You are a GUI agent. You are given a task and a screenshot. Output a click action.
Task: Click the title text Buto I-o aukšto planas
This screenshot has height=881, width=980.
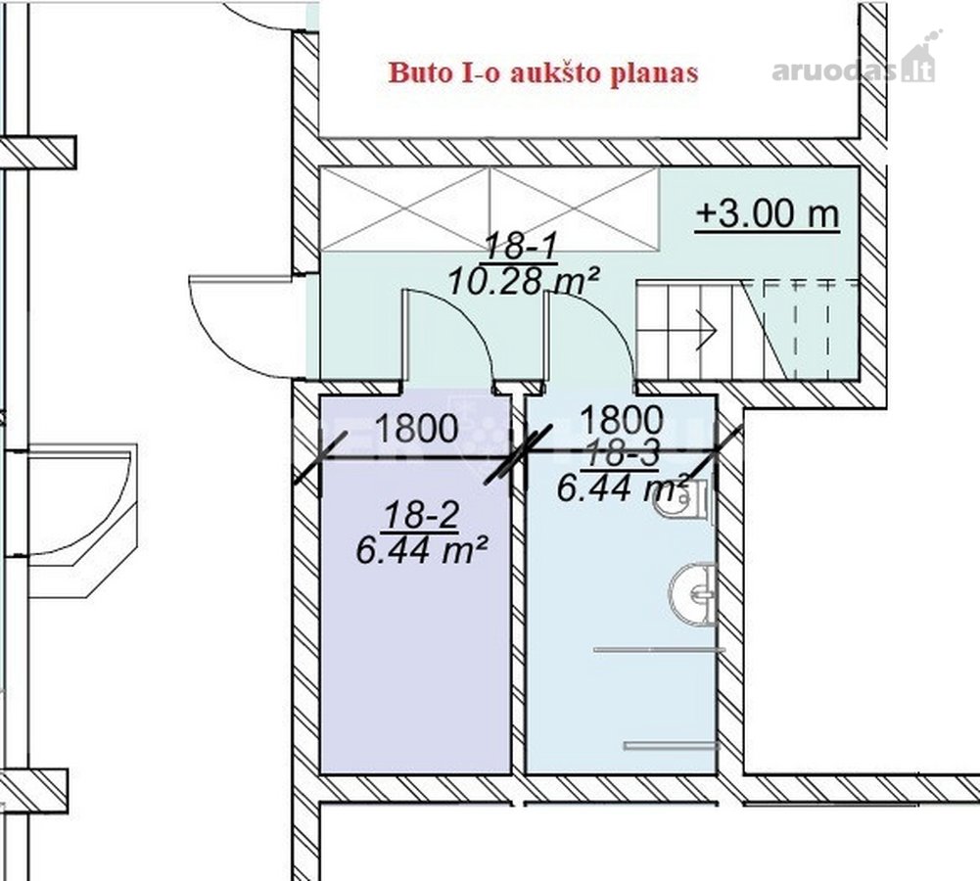tap(542, 72)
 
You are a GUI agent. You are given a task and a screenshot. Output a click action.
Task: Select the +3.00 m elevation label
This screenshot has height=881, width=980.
tap(768, 214)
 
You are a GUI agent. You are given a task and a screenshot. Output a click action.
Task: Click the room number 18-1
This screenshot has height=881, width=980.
tap(520, 246)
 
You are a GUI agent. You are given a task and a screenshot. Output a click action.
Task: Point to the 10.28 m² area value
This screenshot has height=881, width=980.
tap(524, 281)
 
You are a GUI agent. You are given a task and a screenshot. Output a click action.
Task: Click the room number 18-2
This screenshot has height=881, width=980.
tap(421, 517)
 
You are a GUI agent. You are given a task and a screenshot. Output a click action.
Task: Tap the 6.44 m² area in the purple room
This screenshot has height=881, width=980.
tap(421, 551)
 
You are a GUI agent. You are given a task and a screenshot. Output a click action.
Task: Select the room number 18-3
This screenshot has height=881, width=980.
tap(620, 455)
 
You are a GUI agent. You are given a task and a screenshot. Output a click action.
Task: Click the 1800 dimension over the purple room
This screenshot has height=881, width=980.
tap(417, 429)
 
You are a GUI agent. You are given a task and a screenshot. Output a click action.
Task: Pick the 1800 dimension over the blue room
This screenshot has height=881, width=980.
tap(622, 420)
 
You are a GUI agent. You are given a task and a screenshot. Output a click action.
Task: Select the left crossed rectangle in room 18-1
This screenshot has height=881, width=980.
tap(404, 209)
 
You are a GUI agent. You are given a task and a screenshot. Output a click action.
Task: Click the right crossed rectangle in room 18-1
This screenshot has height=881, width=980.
tap(575, 209)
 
